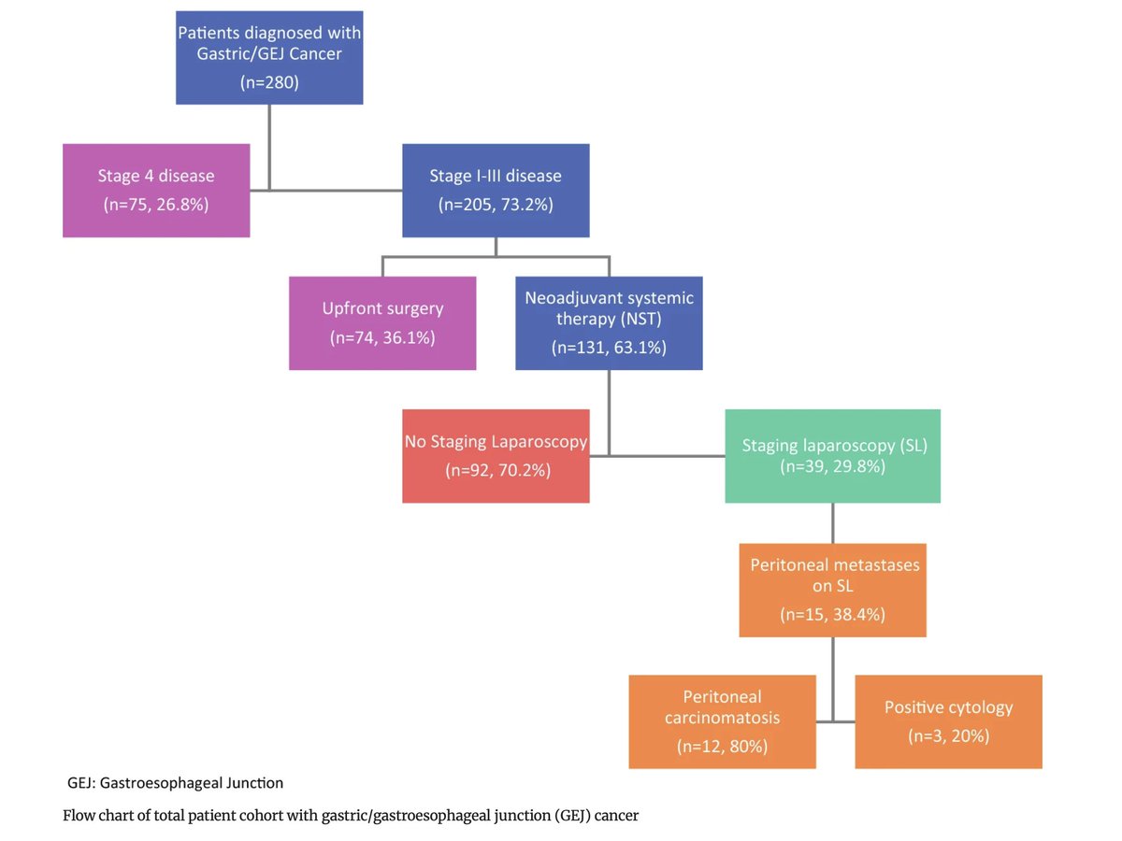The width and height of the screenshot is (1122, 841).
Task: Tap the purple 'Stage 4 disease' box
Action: point(156,190)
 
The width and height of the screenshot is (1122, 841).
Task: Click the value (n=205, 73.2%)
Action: point(496,205)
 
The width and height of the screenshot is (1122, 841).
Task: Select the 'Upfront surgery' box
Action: point(381,322)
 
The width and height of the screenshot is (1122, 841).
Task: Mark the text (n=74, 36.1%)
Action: point(381,337)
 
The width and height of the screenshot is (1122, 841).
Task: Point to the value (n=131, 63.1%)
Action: point(609,349)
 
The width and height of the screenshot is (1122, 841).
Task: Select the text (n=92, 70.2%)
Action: point(496,471)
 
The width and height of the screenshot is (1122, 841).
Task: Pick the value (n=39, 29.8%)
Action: point(833,466)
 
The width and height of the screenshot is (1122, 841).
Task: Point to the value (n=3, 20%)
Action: point(948,736)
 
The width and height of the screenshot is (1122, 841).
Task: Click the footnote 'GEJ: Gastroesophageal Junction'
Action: point(175,782)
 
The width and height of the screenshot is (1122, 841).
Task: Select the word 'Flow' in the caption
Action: point(79,816)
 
